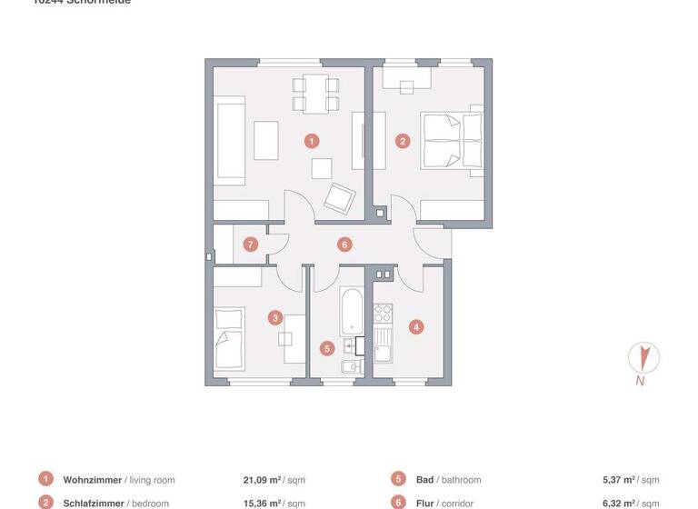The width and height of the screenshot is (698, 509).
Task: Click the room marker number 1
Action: point(312,141)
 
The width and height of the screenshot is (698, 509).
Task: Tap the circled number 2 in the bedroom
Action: point(403,141)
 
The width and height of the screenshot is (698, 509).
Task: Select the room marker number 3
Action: point(275,317)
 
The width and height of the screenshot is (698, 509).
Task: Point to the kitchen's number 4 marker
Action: point(415,327)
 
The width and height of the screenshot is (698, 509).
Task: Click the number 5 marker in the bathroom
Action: point(327,347)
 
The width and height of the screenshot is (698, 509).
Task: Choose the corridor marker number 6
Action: point(344,244)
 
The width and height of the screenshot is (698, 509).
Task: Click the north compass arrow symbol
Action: point(643,357)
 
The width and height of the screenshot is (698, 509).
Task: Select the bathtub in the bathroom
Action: point(350,312)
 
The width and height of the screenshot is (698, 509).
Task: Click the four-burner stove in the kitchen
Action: point(383,314)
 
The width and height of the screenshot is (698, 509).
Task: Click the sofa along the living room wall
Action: point(229,141)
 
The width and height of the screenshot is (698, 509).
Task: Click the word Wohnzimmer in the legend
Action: point(92,479)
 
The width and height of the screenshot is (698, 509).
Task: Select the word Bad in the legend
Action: point(424,479)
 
